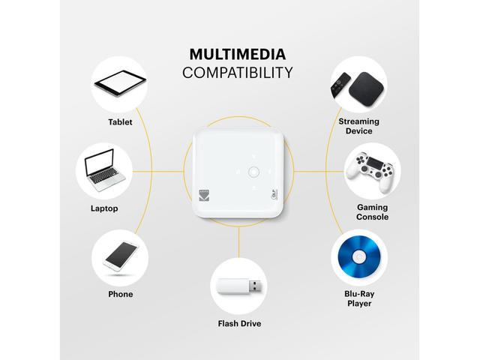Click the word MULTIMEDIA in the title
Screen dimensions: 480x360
click(x=238, y=55)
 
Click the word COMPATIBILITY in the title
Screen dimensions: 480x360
click(x=238, y=73)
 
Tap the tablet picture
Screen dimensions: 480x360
click(x=120, y=83)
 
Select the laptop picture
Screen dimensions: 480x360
click(x=104, y=170)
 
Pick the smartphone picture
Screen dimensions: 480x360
click(x=121, y=256)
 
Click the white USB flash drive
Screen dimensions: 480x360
click(x=239, y=286)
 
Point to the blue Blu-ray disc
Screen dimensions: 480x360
click(x=359, y=256)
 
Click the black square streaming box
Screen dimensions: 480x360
click(x=366, y=89)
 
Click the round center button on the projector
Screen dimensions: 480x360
click(x=253, y=172)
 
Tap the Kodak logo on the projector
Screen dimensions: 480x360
click(x=204, y=195)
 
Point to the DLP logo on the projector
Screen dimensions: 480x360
click(x=274, y=195)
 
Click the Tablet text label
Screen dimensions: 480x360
click(x=120, y=122)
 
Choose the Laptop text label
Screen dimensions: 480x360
click(x=104, y=208)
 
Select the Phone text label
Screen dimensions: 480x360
click(x=121, y=294)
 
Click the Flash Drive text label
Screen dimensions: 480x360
click(x=239, y=323)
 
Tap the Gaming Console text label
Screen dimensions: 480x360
click(x=372, y=212)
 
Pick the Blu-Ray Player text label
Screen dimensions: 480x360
click(x=359, y=298)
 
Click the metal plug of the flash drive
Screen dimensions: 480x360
click(x=256, y=286)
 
